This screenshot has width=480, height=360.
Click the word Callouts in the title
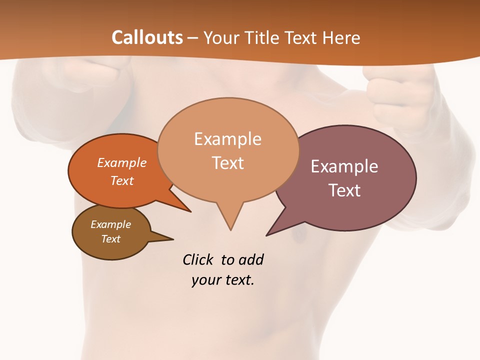click(147, 37)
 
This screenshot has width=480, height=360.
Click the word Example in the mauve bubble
click(344, 166)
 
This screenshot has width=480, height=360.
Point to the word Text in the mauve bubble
click(344, 190)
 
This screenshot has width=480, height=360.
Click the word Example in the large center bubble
click(227, 138)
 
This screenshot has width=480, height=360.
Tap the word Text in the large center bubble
click(228, 162)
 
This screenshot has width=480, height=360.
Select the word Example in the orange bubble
click(121, 162)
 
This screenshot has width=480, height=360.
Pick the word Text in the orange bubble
click(121, 180)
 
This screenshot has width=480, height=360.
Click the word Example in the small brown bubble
click(110, 224)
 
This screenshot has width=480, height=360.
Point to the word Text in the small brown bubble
click(110, 239)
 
